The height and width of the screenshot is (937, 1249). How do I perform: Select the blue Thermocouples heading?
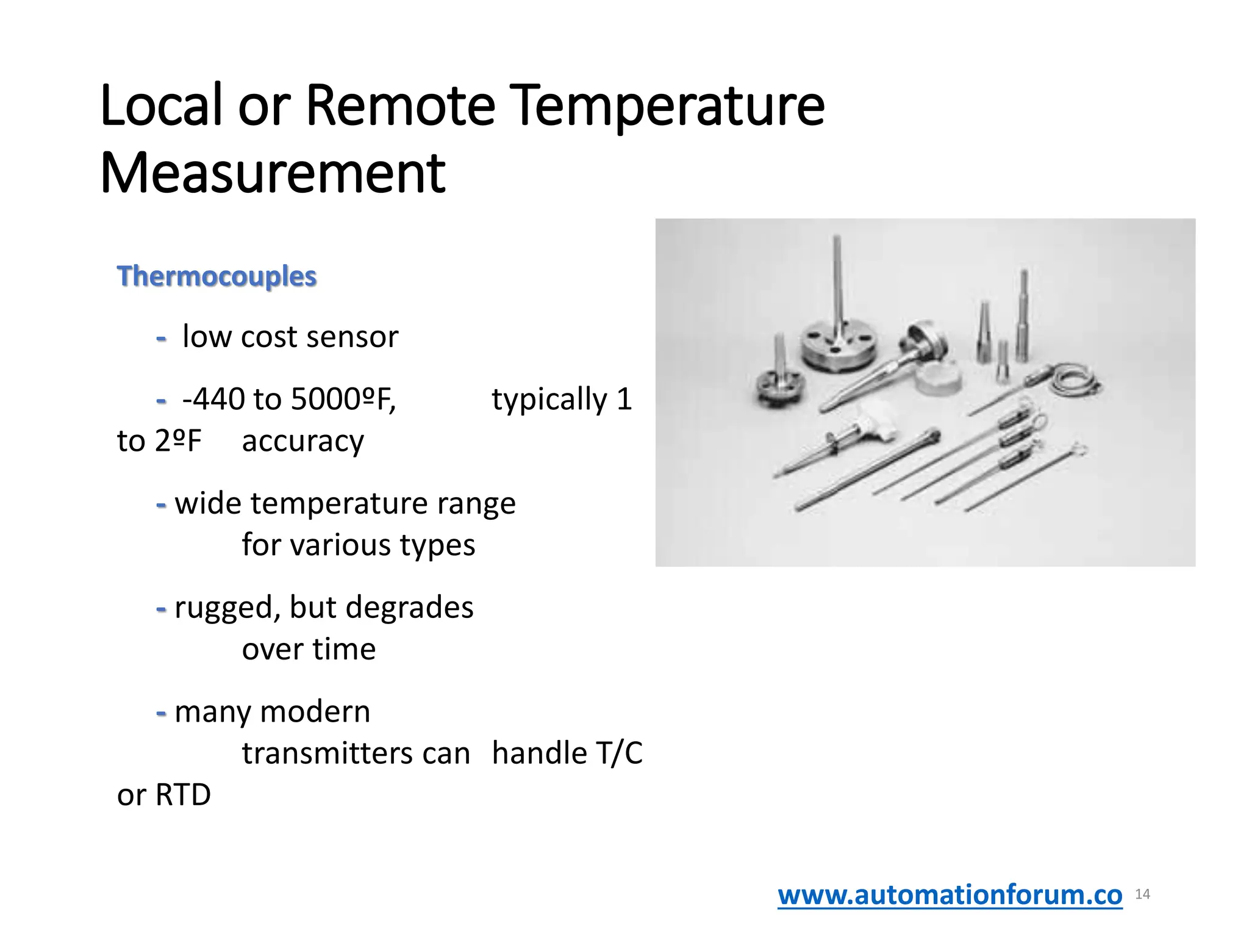(217, 276)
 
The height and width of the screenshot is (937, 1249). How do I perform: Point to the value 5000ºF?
(343, 400)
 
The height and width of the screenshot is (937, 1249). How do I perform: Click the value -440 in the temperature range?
(213, 400)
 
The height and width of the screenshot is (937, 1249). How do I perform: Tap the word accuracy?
(302, 441)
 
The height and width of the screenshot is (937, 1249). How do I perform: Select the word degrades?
(409, 608)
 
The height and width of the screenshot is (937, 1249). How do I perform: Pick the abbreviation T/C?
(619, 753)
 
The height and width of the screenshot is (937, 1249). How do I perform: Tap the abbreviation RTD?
(183, 795)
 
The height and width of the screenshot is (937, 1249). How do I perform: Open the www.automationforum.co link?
(950, 895)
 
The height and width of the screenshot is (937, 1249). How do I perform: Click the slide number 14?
(1142, 894)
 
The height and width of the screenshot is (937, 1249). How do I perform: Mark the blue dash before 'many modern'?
(161, 712)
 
